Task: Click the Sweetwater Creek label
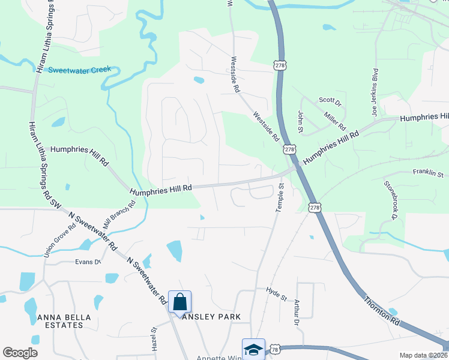pyautogui.click(x=80, y=70)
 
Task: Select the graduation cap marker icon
pyautogui.click(x=253, y=349)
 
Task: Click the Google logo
pyautogui.click(x=20, y=353)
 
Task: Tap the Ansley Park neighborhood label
pyautogui.click(x=215, y=317)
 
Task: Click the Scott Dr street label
pyautogui.click(x=330, y=100)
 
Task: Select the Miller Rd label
pyautogui.click(x=335, y=119)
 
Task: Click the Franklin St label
pyautogui.click(x=427, y=172)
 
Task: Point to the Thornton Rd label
pyautogui.click(x=381, y=311)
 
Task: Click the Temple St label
pyautogui.click(x=279, y=197)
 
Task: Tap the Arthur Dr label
pyautogui.click(x=297, y=312)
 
